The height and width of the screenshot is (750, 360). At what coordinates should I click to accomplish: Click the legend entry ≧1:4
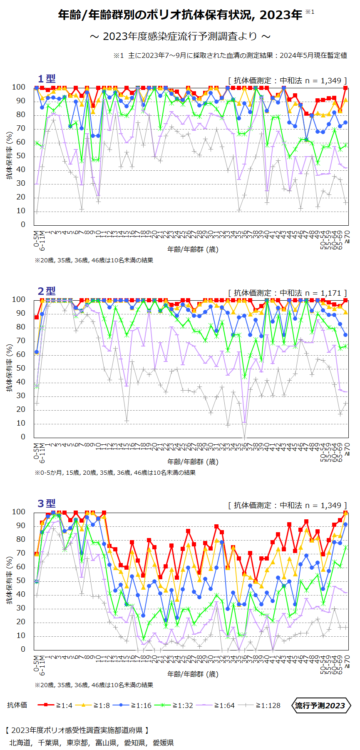coord(55,705)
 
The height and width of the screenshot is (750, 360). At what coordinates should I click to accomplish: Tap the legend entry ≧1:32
coord(174,705)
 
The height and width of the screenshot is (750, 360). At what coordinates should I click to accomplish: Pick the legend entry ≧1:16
coord(134,705)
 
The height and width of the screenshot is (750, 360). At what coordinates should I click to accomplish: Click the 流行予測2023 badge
coord(320,705)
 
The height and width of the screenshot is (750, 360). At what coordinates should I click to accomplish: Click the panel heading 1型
coord(46,79)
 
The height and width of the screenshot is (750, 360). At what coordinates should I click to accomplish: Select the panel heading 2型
coord(46,291)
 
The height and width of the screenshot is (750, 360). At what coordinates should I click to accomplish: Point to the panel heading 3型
coord(46,503)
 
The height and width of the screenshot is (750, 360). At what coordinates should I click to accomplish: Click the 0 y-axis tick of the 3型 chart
coord(23,649)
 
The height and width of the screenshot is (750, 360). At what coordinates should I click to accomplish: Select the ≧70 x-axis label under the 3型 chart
coord(347,660)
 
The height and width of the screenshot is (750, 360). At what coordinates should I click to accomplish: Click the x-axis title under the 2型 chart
coord(193,462)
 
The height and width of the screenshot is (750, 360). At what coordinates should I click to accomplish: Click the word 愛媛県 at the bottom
coord(163,743)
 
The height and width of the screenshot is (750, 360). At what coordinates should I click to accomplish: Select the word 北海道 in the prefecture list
coord(20,743)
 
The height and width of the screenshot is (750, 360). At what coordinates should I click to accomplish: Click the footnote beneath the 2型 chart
coord(115,473)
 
